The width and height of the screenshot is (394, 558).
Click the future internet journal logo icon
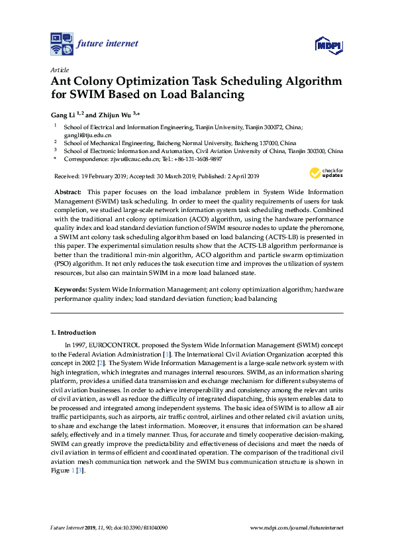coord(62,44)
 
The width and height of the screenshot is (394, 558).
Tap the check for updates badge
coord(323,174)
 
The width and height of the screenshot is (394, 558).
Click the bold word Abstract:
coord(68,191)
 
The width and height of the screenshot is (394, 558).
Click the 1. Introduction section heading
coord(74,332)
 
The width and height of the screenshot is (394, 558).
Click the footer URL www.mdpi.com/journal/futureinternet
coord(297,528)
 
